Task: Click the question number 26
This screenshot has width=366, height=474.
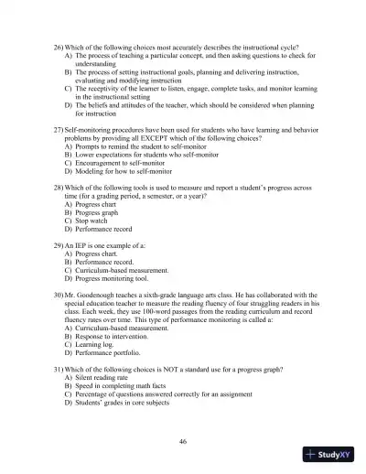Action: click(x=58, y=45)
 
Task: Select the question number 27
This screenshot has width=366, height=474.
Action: click(x=58, y=131)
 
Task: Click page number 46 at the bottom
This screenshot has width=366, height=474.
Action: click(x=183, y=442)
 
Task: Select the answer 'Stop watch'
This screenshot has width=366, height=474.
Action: click(x=94, y=221)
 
